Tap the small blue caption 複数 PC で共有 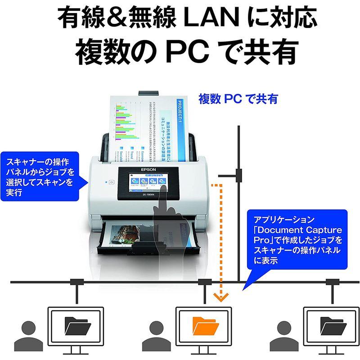[x=238, y=99]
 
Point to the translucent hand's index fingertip [x=163, y=188]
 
